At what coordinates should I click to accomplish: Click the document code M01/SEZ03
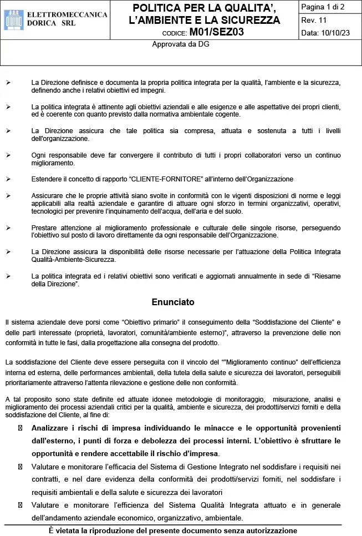tap(216, 32)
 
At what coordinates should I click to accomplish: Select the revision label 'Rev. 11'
tap(314, 20)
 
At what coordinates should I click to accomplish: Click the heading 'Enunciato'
tap(173, 302)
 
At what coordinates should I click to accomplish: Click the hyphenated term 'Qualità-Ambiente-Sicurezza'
tap(74, 259)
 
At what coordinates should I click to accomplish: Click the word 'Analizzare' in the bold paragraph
tap(53, 428)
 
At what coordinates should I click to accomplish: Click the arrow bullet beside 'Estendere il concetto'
tap(8, 179)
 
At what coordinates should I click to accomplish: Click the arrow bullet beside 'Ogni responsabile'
tap(8, 155)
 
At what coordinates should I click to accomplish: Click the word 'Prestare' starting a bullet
tap(45, 227)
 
